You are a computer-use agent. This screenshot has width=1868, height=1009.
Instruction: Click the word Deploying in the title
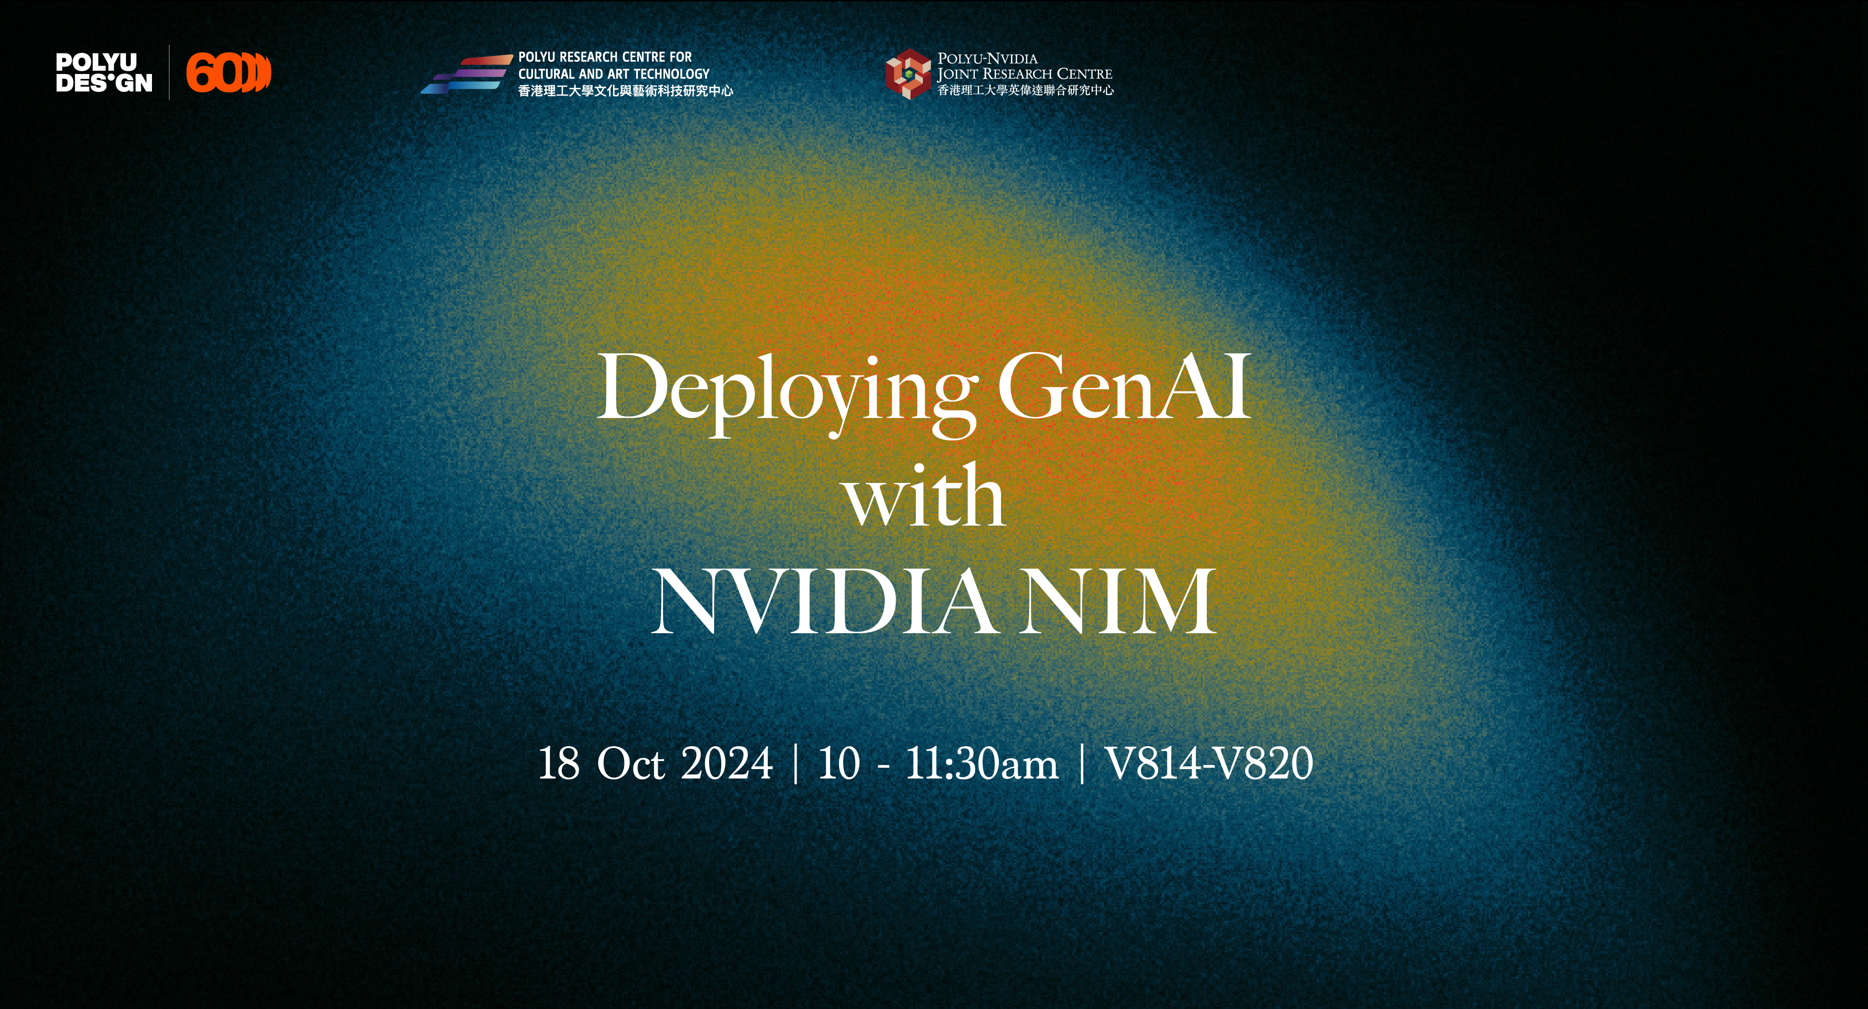click(786, 391)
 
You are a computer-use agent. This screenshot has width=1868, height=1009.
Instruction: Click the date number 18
click(559, 763)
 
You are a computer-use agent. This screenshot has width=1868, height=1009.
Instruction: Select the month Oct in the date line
click(630, 763)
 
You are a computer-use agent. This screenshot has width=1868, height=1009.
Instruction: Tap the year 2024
click(727, 763)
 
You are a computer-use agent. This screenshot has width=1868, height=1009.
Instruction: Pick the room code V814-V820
click(1209, 763)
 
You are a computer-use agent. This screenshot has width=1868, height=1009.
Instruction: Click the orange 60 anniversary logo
click(228, 73)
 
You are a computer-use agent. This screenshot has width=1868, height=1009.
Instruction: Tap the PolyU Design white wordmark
click(104, 73)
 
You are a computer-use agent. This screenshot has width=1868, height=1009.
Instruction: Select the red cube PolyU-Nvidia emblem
click(907, 73)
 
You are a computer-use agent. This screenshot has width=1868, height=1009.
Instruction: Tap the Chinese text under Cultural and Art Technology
click(625, 91)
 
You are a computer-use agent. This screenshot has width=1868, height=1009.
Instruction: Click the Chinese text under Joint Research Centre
click(1025, 90)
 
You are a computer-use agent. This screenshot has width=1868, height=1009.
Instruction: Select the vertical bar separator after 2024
click(796, 763)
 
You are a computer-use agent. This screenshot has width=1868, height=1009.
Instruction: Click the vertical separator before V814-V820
click(1082, 763)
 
